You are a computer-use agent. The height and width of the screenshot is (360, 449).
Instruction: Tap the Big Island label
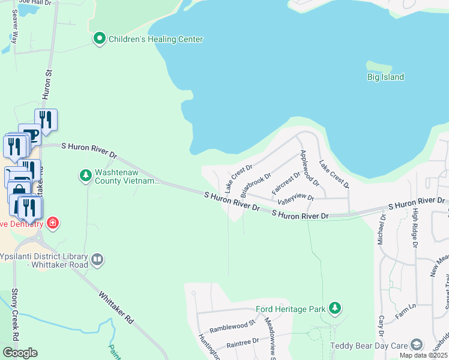tap(385, 77)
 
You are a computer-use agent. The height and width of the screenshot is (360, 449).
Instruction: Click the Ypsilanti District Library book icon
tap(97, 260)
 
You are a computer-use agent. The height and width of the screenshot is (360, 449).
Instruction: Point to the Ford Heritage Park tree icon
tap(335, 309)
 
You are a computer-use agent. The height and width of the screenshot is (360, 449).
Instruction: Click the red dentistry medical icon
tap(53, 223)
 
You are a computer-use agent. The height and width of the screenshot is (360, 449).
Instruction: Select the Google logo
tap(19, 353)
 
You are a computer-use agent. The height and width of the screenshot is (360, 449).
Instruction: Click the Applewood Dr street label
tap(307, 166)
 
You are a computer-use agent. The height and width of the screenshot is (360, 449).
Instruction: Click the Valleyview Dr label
tap(296, 197)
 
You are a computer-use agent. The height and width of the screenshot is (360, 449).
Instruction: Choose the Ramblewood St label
tap(233, 326)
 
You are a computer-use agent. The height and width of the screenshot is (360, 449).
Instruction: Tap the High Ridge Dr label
tap(414, 231)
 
